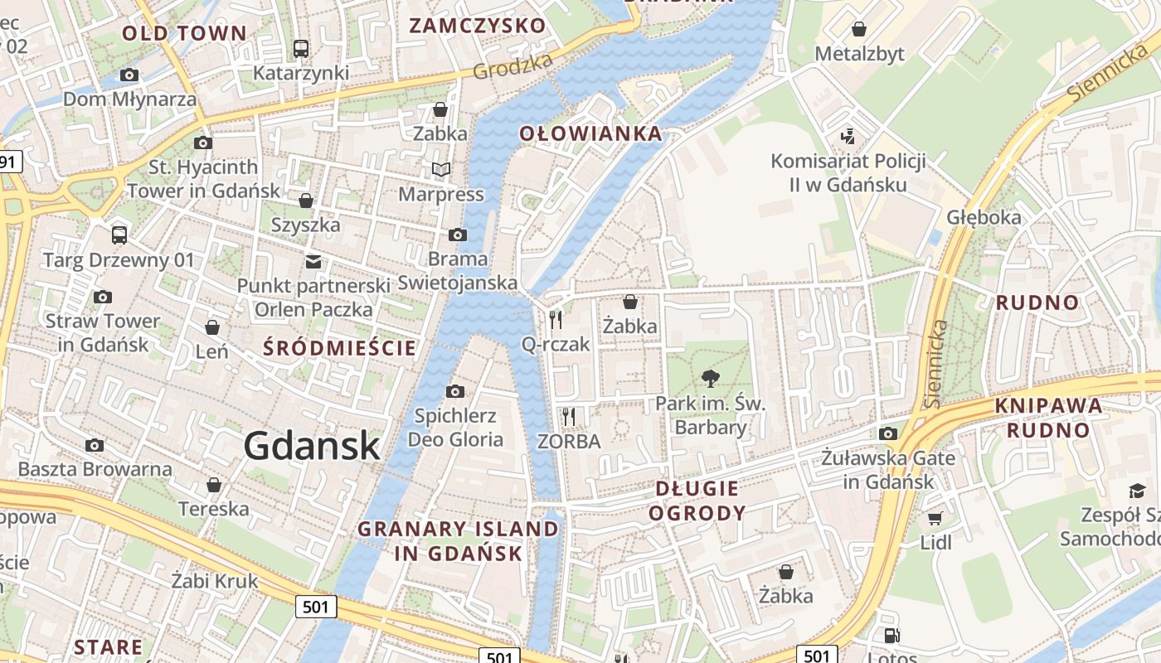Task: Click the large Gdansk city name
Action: pos(312,447)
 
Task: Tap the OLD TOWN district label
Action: pos(184,33)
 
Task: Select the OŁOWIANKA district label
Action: pos(590,133)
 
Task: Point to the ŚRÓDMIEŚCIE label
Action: pos(339,348)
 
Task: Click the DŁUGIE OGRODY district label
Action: pos(697,501)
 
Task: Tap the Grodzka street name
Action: pos(512,67)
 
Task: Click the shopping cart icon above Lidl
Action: pos(935,519)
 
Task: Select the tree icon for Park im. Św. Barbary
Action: pos(710,379)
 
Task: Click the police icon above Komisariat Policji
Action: pos(847,136)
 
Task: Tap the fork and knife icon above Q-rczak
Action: pos(556,319)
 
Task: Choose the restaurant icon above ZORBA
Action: pos(569,416)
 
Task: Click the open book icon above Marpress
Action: pos(441,170)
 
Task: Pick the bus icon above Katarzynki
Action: pos(301,48)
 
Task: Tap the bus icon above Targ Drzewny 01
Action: pos(119,235)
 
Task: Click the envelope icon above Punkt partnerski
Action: pos(313,262)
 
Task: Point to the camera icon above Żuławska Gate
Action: pos(888,433)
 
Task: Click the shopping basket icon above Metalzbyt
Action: pos(859,29)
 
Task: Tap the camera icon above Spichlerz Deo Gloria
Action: pos(455,391)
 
